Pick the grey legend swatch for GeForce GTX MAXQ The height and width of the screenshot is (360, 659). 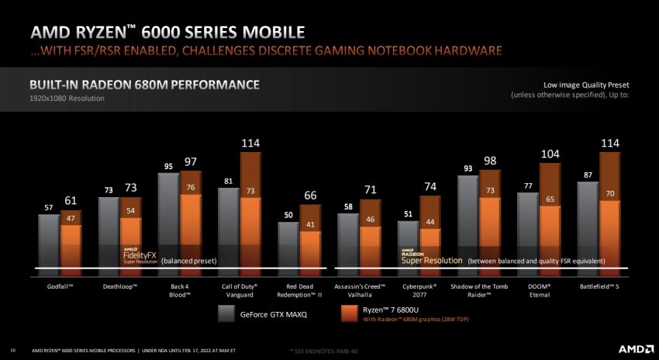(226, 314)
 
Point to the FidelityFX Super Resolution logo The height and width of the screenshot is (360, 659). (140, 255)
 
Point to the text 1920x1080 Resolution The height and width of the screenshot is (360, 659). (66, 99)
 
